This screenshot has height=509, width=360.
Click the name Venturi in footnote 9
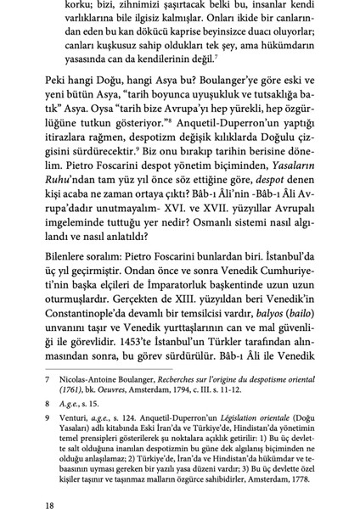67,444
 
